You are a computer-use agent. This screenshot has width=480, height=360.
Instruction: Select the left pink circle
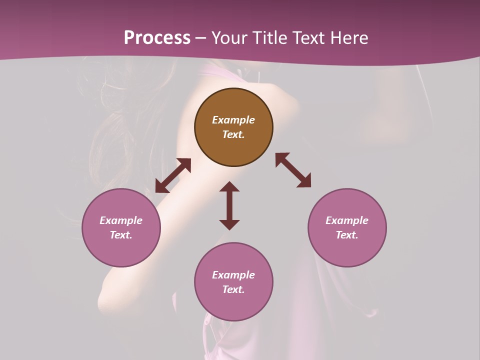[x=121, y=250]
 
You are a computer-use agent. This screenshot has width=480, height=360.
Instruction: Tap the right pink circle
[x=347, y=250]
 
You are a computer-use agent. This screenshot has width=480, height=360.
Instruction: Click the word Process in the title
[x=157, y=38]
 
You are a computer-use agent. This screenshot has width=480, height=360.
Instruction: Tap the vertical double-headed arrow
[x=229, y=205]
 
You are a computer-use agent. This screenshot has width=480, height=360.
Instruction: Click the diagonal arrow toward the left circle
[x=173, y=175]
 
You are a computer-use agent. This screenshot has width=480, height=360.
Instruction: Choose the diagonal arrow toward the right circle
[x=293, y=170]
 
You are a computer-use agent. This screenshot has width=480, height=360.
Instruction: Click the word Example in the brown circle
[x=233, y=120]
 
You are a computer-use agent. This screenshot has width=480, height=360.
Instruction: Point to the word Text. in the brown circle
[x=233, y=134]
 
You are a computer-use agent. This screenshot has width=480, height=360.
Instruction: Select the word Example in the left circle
[x=121, y=220]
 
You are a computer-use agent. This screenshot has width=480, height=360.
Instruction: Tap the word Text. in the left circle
[x=121, y=235]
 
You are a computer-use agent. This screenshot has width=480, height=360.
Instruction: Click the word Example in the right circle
[x=347, y=220]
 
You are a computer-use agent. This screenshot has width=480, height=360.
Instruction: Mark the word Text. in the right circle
[x=347, y=235]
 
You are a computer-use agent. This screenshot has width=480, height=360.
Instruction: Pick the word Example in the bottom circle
[x=233, y=275]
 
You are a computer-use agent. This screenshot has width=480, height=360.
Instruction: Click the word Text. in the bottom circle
[x=233, y=289]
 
